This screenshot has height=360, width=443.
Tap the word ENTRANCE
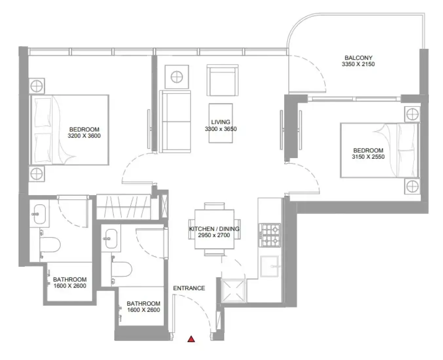click(189, 288)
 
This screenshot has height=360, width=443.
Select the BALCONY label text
click(358, 58)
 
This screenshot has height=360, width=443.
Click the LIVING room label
click(220, 122)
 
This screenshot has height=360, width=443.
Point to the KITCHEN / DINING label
click(214, 229)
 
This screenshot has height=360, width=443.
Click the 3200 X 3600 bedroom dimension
click(84, 136)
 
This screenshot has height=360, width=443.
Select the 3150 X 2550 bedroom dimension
click(368, 157)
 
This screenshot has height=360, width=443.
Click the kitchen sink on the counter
click(269, 266)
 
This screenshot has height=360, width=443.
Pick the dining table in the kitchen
click(214, 229)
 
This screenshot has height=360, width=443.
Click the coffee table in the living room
click(221, 123)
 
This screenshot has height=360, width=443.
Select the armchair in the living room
click(222, 80)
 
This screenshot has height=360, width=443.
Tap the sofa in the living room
click(175, 121)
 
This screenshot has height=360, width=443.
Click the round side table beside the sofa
click(177, 77)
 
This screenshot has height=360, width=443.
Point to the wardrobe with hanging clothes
click(123, 207)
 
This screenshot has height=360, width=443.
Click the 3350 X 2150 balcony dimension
click(358, 64)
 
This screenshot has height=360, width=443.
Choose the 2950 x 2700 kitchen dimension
click(214, 235)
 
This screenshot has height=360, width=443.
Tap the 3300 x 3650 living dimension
click(221, 129)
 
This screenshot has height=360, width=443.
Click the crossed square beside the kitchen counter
click(233, 290)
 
